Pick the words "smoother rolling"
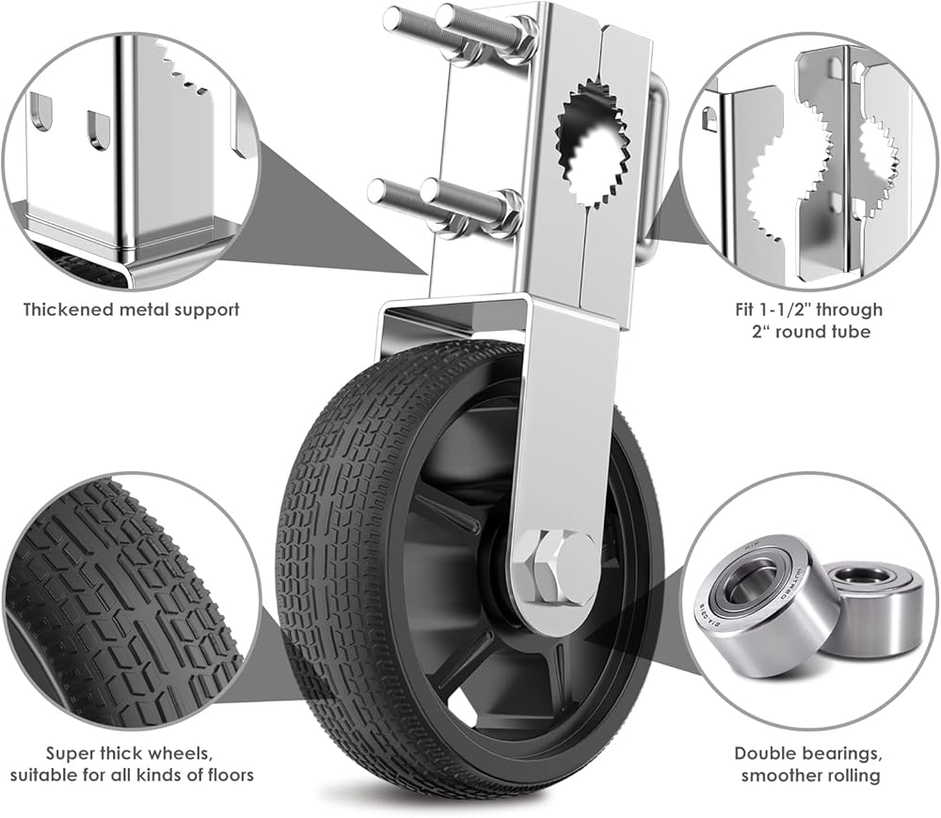(x=809, y=776)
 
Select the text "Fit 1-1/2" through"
(x=809, y=308)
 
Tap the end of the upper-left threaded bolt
(x=391, y=17)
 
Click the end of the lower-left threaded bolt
(x=375, y=192)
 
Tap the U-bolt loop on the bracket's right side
(x=658, y=169)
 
